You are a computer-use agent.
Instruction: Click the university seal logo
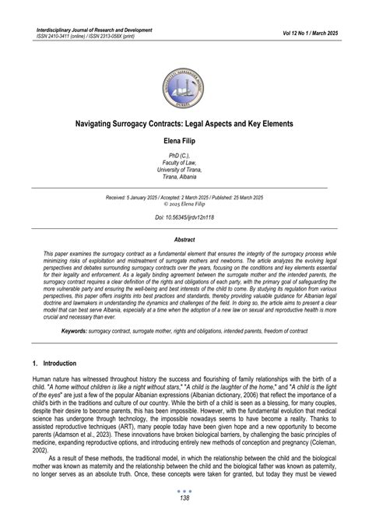point(184,80)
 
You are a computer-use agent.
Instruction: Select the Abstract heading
point(184,241)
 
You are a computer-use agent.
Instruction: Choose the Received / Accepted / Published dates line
point(184,199)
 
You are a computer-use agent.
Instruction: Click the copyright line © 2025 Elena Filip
point(184,206)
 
